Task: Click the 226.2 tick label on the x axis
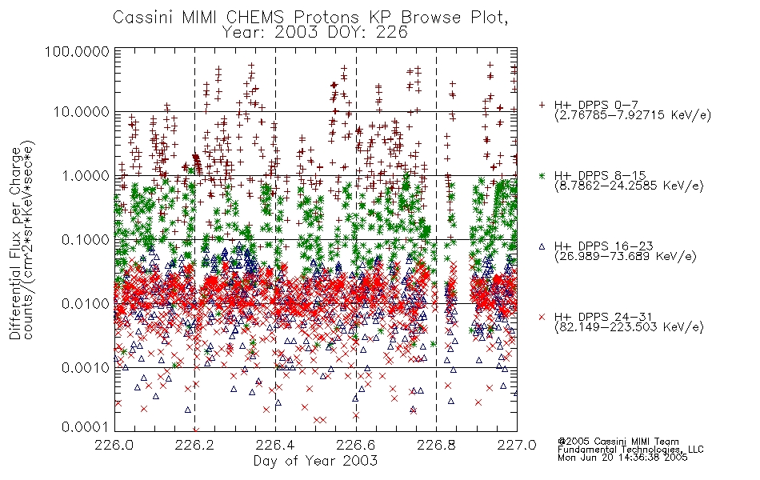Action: pos(195,445)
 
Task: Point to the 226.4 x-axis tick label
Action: pos(275,445)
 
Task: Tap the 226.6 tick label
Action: pos(356,445)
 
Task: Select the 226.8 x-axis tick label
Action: pos(436,445)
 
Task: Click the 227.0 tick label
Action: pos(517,445)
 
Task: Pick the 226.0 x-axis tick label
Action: pos(114,445)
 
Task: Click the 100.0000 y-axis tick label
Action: pos(78,51)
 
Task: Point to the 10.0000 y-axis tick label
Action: pos(82,112)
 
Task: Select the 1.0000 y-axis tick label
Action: pos(86,175)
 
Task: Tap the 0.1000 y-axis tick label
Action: pos(86,239)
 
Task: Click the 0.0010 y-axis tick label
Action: pos(86,367)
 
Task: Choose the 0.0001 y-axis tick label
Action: pos(86,426)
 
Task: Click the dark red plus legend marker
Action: pos(542,105)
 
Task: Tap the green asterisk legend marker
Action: pos(542,175)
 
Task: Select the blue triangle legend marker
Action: pos(542,246)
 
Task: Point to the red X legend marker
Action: pos(542,317)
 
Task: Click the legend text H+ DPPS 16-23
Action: pos(604,246)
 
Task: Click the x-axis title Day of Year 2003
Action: pos(315,461)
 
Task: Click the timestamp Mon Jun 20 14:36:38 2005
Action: pos(622,458)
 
